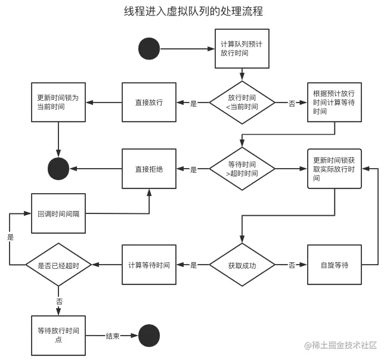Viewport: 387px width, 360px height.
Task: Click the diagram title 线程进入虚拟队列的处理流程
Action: coord(193,11)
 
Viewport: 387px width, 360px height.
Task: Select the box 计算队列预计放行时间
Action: coord(242,49)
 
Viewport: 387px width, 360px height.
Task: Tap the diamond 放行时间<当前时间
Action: coord(242,103)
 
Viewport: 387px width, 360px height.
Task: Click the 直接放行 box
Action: coord(149,102)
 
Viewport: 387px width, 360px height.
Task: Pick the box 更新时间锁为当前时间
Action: coord(58,102)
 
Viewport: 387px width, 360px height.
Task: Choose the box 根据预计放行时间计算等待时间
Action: coord(335,102)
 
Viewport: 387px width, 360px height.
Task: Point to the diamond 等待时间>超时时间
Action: coord(242,169)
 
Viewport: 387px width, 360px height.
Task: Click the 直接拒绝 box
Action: coord(149,169)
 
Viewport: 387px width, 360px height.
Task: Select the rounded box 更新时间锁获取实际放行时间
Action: coord(335,169)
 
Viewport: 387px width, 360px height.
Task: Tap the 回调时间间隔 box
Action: coord(58,213)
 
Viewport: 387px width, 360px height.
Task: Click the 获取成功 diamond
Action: coord(242,265)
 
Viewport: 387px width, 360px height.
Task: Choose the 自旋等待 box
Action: coord(335,265)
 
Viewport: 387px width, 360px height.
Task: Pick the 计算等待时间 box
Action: coord(149,265)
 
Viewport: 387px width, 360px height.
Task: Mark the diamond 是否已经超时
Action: coord(58,265)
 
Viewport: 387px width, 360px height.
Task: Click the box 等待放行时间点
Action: coord(58,336)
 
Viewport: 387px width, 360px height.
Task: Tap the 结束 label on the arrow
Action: coord(113,336)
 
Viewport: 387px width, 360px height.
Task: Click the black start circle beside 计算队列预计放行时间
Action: coord(149,49)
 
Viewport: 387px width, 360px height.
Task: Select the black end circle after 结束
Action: coord(149,336)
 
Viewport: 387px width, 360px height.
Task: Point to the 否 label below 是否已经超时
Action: coord(59,301)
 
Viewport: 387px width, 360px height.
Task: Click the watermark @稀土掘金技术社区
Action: coord(340,345)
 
